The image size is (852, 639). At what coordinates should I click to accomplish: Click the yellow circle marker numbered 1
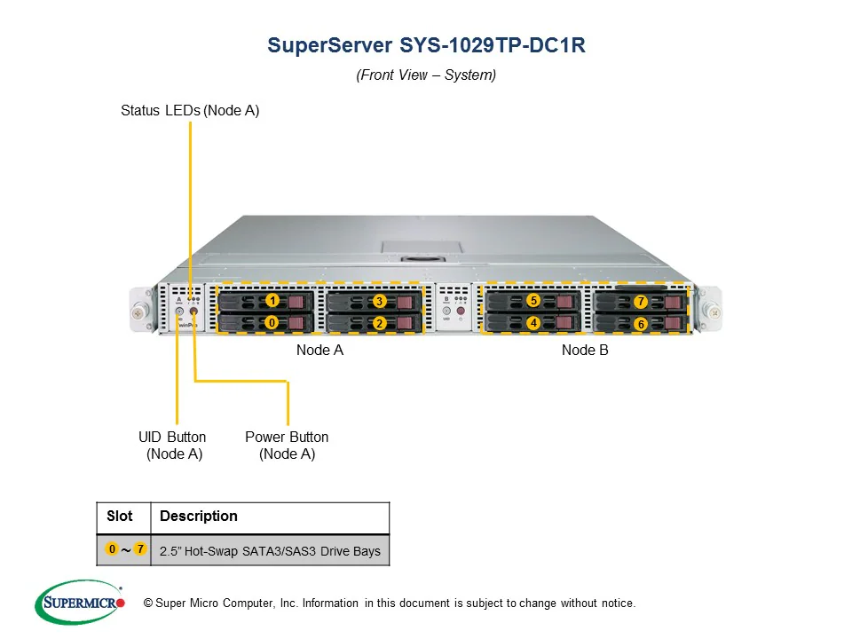pos(272,301)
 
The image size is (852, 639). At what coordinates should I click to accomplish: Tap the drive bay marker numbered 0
pos(272,323)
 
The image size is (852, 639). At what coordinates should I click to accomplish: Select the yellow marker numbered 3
pos(379,302)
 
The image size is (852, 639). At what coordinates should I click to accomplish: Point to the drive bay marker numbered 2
pos(379,324)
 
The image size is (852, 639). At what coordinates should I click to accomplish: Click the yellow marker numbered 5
pos(533,301)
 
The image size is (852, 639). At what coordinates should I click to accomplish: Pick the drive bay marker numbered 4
pos(533,323)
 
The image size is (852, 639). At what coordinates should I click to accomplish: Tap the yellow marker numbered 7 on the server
pos(641,302)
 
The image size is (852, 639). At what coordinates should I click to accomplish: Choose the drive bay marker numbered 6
pos(641,325)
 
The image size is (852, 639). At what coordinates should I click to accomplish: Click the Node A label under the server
pos(319,351)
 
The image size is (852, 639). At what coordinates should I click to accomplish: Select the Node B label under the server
pos(585,351)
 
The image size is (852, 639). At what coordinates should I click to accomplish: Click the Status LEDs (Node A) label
pos(190,111)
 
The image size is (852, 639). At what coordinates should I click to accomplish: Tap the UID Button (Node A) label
pos(172,446)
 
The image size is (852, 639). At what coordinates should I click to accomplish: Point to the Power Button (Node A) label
pos(287,446)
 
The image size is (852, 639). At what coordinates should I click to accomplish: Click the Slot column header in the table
pos(120,517)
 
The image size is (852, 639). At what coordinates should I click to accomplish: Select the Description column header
pos(199,517)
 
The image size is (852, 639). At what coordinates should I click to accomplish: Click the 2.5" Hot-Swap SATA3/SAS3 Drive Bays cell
pos(270,551)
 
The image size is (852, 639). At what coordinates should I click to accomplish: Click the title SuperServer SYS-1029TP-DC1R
pos(426,46)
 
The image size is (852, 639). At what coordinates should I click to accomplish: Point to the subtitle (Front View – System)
pos(426,75)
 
